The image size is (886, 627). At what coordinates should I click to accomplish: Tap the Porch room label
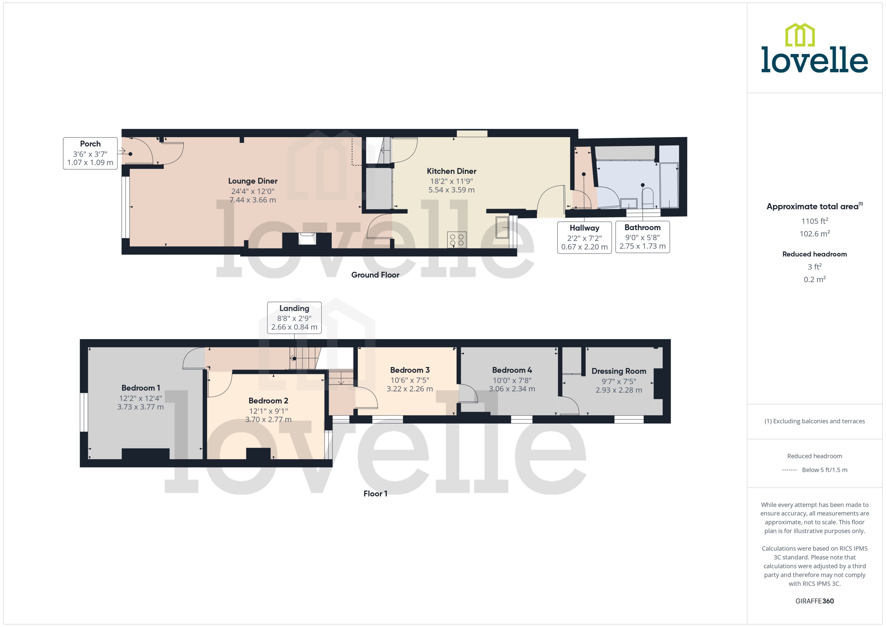pyautogui.click(x=90, y=144)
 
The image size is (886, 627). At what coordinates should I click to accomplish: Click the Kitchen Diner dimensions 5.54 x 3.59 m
pyautogui.click(x=451, y=190)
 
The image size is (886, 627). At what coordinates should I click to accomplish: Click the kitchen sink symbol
pyautogui.click(x=502, y=227)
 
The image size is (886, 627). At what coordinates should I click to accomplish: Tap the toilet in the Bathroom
pyautogui.click(x=647, y=197)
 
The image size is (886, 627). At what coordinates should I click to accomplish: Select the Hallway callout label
pyautogui.click(x=584, y=228)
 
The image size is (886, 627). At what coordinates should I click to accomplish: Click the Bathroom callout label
pyautogui.click(x=642, y=227)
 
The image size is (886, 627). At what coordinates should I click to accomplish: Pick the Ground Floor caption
pyautogui.click(x=375, y=275)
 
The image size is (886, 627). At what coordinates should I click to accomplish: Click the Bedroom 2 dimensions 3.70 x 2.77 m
pyautogui.click(x=268, y=420)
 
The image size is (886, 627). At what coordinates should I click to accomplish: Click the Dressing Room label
pyautogui.click(x=618, y=371)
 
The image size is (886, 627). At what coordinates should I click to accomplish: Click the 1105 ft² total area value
pyautogui.click(x=814, y=221)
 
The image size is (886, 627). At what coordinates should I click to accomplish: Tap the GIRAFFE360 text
pyautogui.click(x=814, y=601)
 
